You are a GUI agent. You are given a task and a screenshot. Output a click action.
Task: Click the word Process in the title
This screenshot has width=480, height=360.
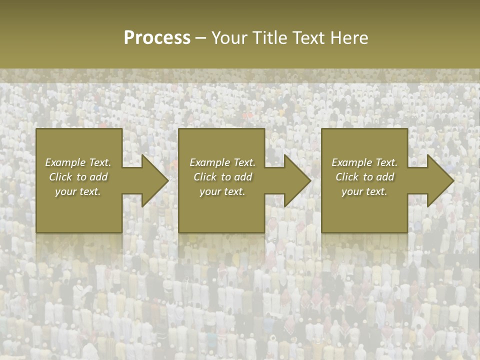(157, 37)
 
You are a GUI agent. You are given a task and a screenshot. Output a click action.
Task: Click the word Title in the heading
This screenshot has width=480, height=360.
(271, 37)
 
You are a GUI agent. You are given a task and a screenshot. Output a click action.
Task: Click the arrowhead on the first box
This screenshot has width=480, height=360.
(152, 180)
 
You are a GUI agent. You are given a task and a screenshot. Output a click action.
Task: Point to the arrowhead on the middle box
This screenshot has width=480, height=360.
(295, 180)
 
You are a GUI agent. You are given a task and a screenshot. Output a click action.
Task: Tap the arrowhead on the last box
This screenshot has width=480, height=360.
(438, 180)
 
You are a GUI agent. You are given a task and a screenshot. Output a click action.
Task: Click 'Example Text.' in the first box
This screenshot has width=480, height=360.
(78, 162)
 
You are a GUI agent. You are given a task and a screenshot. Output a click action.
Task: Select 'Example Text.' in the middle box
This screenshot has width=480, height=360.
(222, 162)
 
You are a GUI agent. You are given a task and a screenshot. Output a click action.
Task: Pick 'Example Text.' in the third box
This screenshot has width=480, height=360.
(364, 162)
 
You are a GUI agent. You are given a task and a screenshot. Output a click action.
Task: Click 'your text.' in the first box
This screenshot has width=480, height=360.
(78, 191)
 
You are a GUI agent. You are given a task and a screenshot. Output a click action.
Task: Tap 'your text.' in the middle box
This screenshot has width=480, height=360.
(222, 191)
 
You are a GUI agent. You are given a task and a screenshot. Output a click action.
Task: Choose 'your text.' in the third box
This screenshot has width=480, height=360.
(364, 191)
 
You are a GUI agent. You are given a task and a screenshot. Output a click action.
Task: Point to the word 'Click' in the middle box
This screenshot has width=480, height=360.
(205, 177)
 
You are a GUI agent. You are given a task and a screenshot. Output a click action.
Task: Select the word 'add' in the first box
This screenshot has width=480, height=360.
(99, 177)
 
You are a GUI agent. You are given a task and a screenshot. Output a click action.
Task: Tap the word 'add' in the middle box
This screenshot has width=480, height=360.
(243, 177)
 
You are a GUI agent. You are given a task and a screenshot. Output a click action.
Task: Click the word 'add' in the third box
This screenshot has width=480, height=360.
(385, 177)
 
